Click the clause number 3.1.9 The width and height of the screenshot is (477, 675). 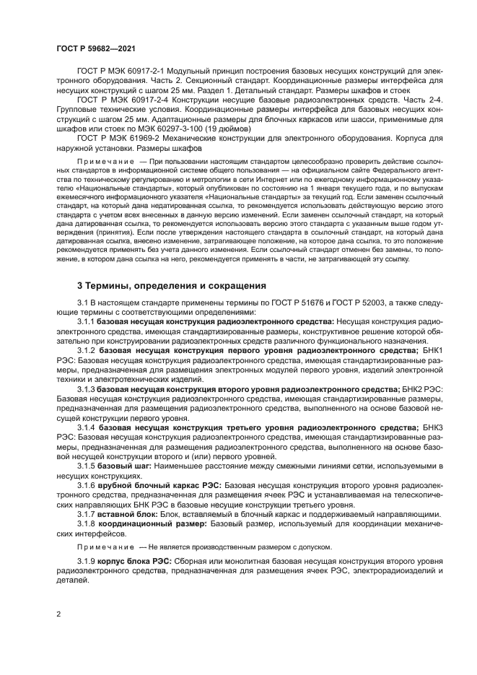click(x=86, y=561)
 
